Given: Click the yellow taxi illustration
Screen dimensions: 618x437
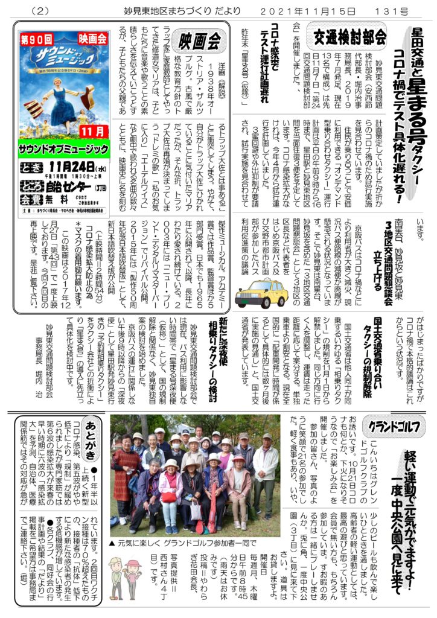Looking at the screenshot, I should click(x=261, y=292).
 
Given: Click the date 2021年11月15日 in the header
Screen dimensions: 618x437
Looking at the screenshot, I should click(x=319, y=10).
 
